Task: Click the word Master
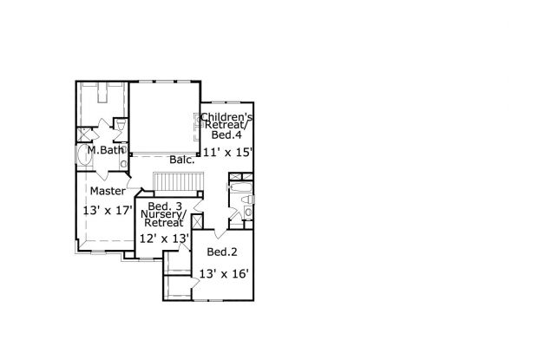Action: coord(108,191)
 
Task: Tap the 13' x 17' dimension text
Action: coord(108,210)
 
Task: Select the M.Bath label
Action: coord(105,150)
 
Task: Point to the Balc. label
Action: coord(182,160)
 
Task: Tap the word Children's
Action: coord(226,117)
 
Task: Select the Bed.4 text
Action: coord(226,134)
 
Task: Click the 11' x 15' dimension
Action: coord(228,152)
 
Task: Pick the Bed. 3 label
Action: coord(165,206)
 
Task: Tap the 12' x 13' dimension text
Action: coord(165,238)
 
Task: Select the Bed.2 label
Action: coord(222,252)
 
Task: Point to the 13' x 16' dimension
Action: coord(224,274)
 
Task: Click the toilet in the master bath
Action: coord(121,125)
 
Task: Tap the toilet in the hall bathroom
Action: coord(247,200)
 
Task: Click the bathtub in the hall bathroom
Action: coord(241,187)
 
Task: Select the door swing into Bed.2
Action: coord(220,233)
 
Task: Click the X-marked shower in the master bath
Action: coord(84,134)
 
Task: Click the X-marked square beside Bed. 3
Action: coord(197,221)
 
